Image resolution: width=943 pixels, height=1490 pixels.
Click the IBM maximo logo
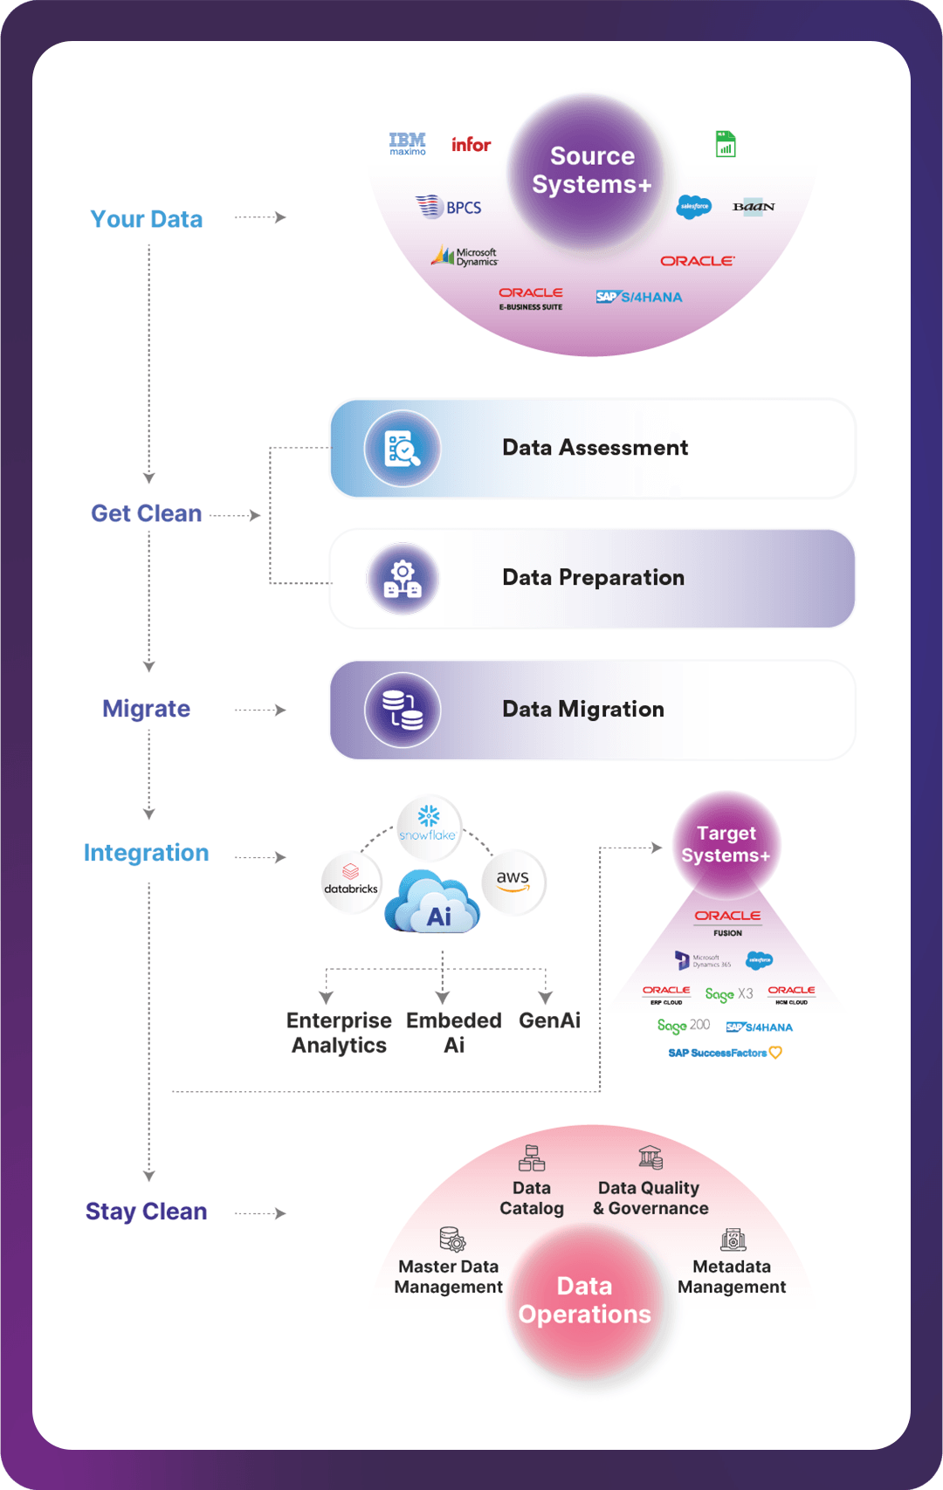click(408, 144)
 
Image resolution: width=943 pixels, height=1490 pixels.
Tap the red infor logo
click(471, 145)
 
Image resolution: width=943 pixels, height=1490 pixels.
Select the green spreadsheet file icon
click(726, 144)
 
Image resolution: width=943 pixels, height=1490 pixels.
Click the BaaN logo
click(754, 207)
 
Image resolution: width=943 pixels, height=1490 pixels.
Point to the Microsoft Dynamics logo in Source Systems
click(465, 257)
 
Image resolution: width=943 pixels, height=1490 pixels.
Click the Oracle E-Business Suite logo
click(531, 299)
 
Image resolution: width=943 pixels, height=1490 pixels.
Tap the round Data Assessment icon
click(403, 449)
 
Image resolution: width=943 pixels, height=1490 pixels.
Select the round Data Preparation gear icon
click(403, 579)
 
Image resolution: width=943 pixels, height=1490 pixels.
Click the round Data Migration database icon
click(403, 710)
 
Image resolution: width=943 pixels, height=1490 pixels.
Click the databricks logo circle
click(351, 882)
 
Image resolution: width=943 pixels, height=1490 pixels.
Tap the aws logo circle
click(513, 882)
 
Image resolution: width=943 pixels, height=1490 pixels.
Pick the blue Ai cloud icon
click(433, 903)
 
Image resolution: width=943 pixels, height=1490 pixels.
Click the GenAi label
click(549, 1020)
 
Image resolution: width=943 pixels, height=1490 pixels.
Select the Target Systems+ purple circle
click(726, 844)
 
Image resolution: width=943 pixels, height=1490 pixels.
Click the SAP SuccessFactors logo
click(725, 1053)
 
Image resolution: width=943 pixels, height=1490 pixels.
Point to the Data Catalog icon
click(532, 1159)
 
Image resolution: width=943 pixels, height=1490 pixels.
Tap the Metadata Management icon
click(733, 1239)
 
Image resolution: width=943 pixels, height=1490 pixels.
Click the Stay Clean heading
click(147, 1212)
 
